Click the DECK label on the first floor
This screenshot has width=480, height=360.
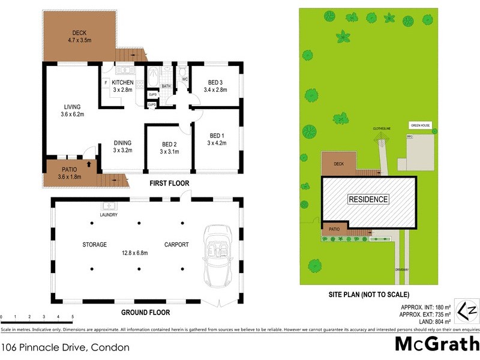click(79, 32)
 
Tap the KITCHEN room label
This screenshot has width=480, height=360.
click(122, 82)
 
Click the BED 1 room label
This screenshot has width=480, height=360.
click(217, 135)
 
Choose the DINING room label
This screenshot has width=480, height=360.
click(123, 143)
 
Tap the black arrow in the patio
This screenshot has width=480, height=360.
click(89, 163)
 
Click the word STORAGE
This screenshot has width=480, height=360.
click(95, 245)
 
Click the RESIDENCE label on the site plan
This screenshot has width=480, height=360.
click(368, 199)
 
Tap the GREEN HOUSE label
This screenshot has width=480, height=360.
click(420, 126)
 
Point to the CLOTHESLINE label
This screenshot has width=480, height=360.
click(381, 128)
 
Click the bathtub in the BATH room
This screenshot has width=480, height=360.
click(151, 78)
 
